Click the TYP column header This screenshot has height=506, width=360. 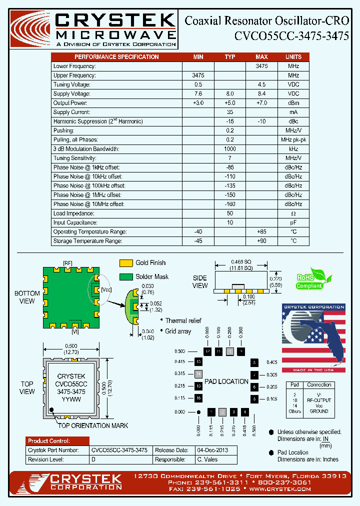[x=230, y=57]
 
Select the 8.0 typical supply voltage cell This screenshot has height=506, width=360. [x=230, y=94]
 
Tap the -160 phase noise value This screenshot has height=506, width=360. [x=230, y=204]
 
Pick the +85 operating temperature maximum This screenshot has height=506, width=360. [x=261, y=232]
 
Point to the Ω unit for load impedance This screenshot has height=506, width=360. [x=293, y=213]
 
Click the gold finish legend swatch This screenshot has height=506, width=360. [x=126, y=263]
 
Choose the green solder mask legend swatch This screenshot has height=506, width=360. [x=126, y=277]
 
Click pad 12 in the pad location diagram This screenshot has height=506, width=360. [x=207, y=351]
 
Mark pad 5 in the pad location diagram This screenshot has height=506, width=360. [x=254, y=399]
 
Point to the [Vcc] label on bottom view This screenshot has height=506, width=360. [x=106, y=290]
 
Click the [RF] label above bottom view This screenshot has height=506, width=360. [x=67, y=263]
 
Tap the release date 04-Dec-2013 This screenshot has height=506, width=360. [x=212, y=450]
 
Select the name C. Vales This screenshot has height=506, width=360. [x=207, y=459]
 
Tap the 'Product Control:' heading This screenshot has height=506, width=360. [x=49, y=441]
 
